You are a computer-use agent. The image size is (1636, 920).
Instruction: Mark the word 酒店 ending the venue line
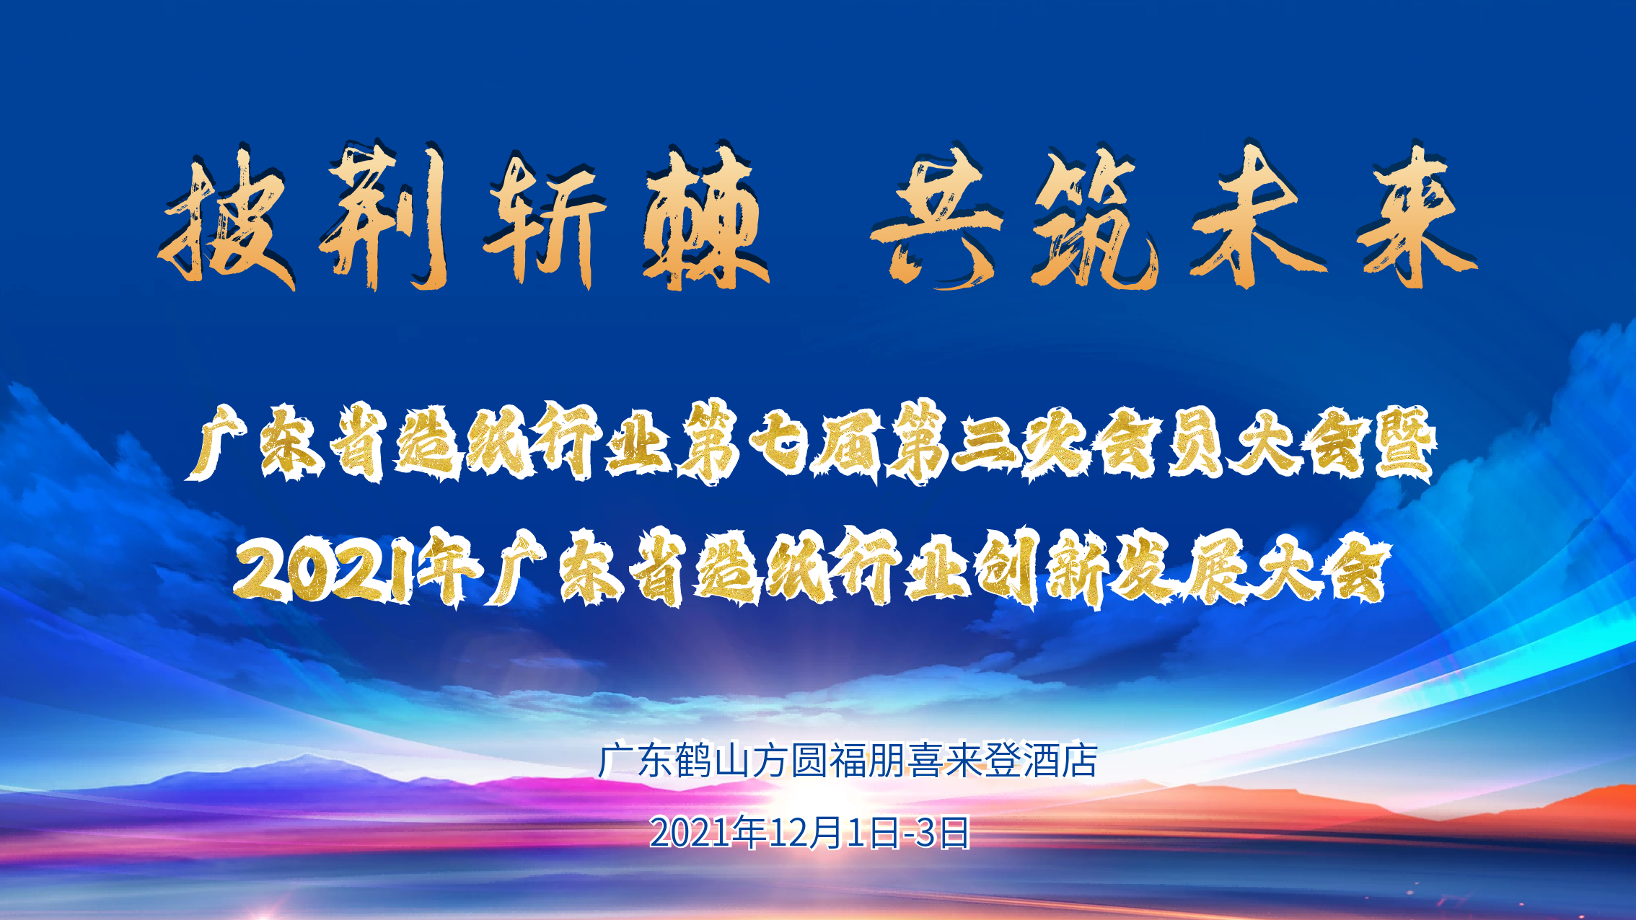(1060, 761)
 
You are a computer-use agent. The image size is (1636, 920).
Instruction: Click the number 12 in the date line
(787, 833)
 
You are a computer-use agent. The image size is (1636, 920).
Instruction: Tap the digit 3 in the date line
(925, 833)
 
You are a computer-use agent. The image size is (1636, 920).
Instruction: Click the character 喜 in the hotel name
(925, 761)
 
